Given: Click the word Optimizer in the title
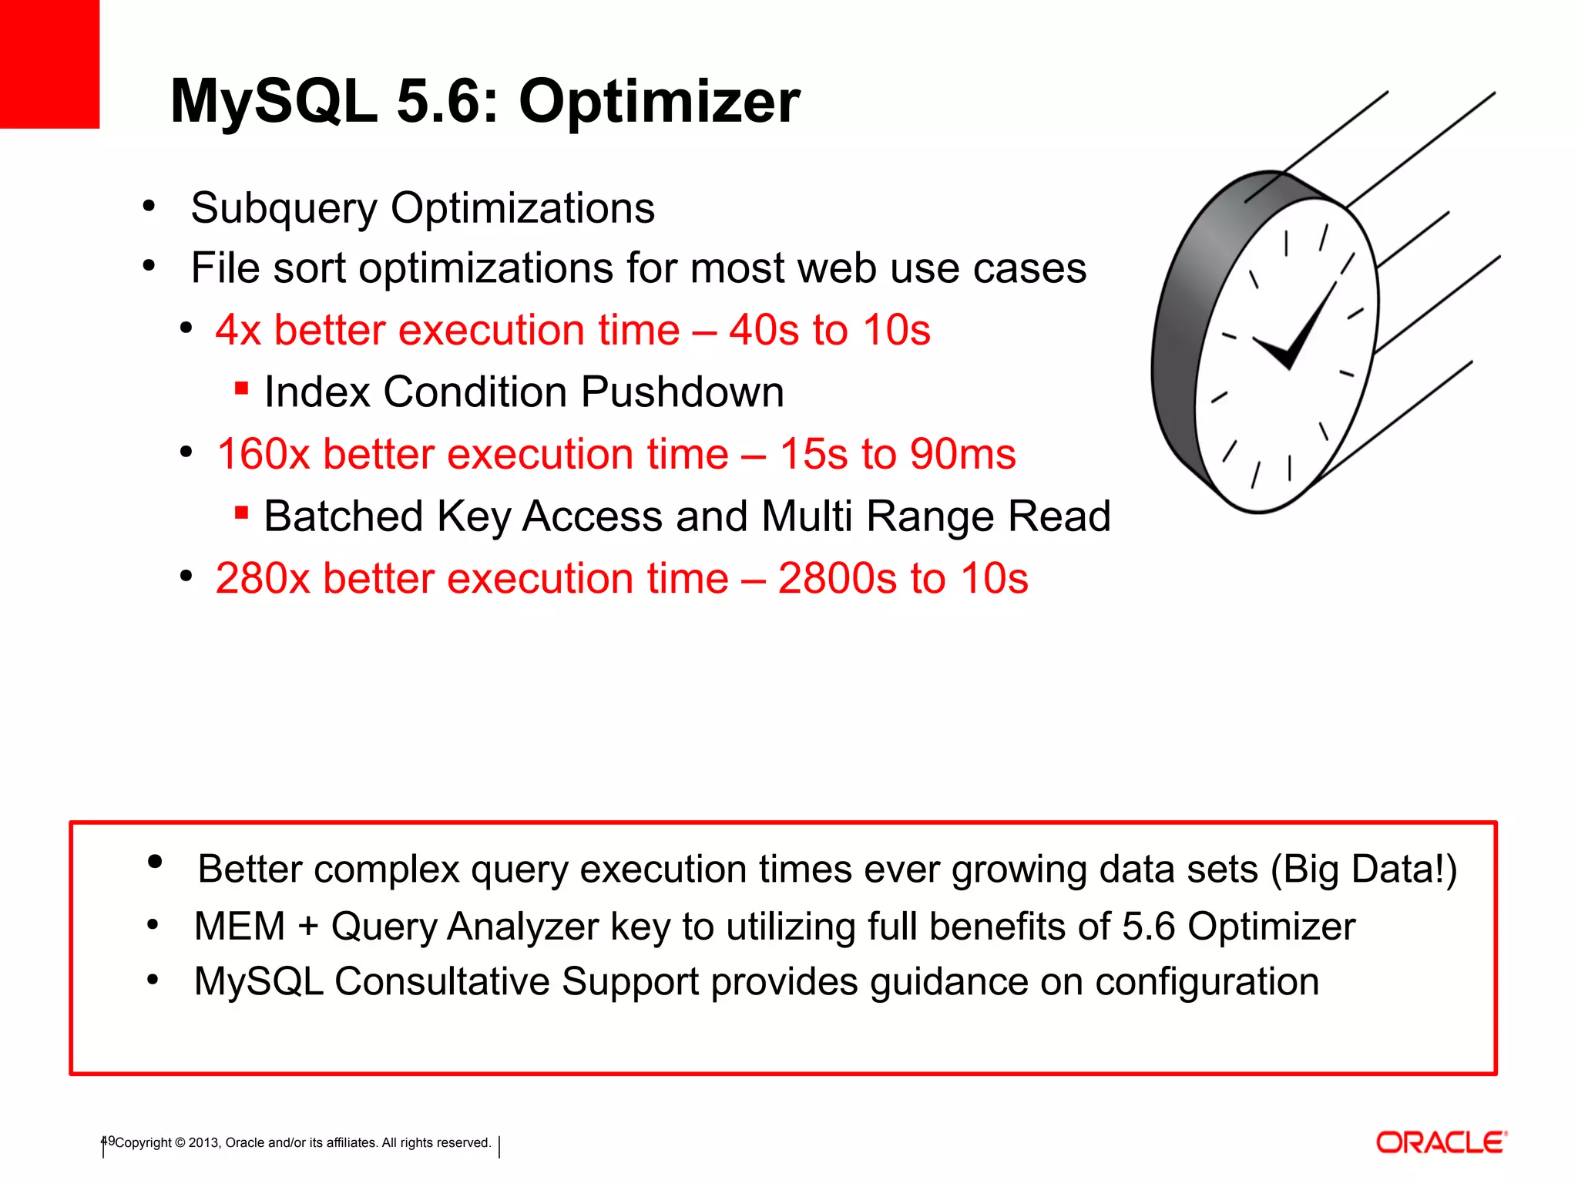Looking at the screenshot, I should (660, 103).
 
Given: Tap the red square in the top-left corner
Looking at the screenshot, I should (49, 63).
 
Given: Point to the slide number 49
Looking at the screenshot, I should (108, 1141).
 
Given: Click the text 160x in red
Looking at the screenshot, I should (262, 454).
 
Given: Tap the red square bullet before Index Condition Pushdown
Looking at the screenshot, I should (241, 388).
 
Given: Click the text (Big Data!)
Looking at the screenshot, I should (1364, 869).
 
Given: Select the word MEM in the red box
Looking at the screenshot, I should (240, 926).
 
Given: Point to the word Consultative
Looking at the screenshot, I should (442, 982).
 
